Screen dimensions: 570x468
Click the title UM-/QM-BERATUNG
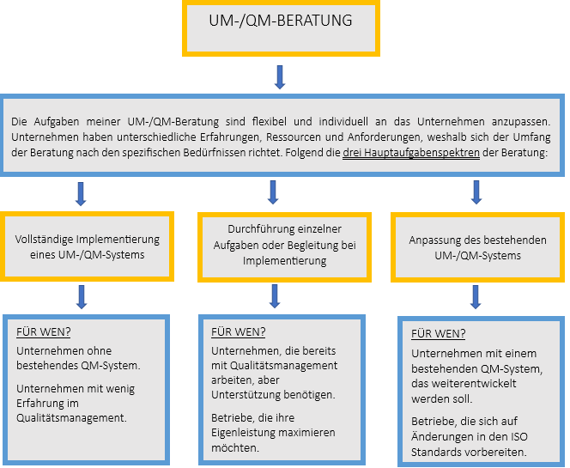coord(280,21)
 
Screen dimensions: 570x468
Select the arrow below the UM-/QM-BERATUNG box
coord(280,77)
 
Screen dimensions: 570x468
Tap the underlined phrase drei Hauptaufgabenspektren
coord(411,153)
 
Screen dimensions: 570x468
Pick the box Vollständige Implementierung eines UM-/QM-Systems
coord(87,246)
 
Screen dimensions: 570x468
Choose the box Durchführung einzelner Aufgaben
coord(284,247)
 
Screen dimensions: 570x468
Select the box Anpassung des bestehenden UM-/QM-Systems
coord(477,247)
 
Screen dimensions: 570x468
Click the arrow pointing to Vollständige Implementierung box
coord(81,194)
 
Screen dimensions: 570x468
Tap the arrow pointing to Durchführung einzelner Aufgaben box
coord(273,192)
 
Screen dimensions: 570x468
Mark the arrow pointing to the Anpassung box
coord(476,192)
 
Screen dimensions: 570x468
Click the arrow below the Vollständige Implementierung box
coord(82,297)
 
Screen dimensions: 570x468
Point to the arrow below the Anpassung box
coord(476,297)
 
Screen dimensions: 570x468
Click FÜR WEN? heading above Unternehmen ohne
coord(43,332)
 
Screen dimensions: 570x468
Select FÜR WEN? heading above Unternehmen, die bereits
coord(238,332)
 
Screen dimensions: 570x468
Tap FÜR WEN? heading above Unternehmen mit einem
coord(438,334)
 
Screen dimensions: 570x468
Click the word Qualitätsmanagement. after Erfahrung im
coord(71,418)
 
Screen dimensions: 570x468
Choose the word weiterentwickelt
coord(464,384)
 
